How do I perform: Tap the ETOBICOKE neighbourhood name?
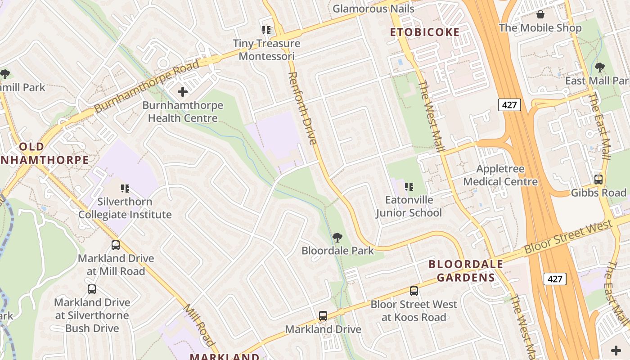click(425, 32)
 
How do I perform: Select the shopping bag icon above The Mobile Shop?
click(540, 14)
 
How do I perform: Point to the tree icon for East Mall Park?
click(599, 67)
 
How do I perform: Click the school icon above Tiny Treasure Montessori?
click(266, 30)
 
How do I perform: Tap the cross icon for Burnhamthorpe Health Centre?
click(183, 92)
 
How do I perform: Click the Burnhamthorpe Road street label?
click(147, 86)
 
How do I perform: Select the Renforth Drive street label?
click(302, 108)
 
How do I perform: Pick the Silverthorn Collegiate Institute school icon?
click(125, 189)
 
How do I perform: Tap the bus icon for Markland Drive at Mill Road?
click(116, 245)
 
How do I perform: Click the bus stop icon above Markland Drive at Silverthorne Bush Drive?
click(92, 289)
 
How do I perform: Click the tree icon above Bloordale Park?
click(337, 238)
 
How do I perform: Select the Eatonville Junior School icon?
click(409, 186)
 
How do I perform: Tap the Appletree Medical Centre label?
click(500, 175)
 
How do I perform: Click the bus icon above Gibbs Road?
click(598, 180)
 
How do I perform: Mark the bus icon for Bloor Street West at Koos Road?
click(414, 291)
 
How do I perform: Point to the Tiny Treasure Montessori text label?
click(266, 49)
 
